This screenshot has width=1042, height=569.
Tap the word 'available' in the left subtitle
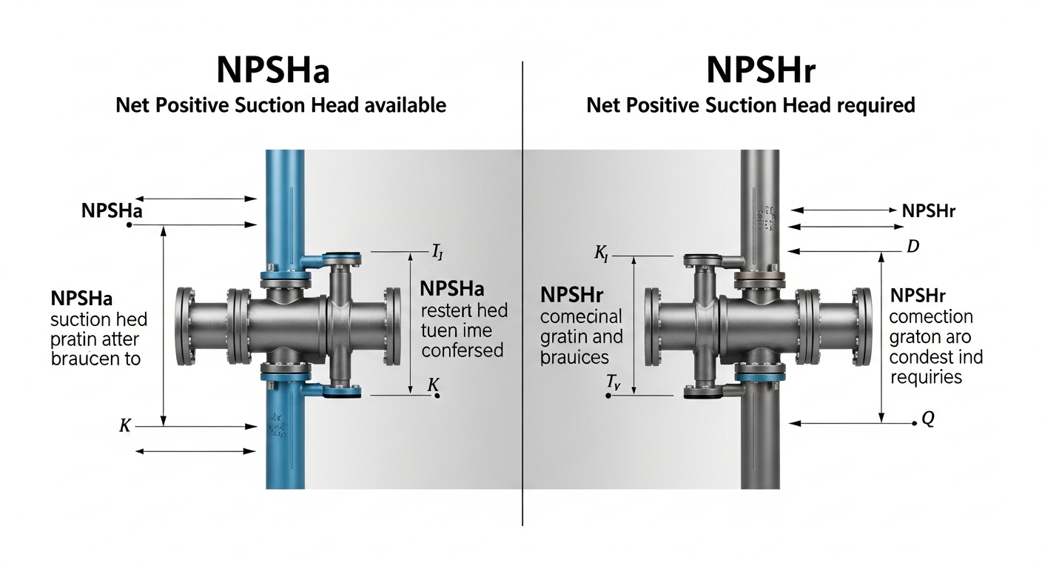[406, 105]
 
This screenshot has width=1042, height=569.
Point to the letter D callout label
[912, 247]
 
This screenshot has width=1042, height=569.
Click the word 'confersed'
[462, 350]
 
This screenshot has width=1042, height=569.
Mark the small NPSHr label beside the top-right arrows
[929, 211]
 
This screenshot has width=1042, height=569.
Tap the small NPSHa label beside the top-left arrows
[111, 211]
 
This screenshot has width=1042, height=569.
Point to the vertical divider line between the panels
[522, 296]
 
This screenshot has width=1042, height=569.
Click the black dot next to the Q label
[914, 423]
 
